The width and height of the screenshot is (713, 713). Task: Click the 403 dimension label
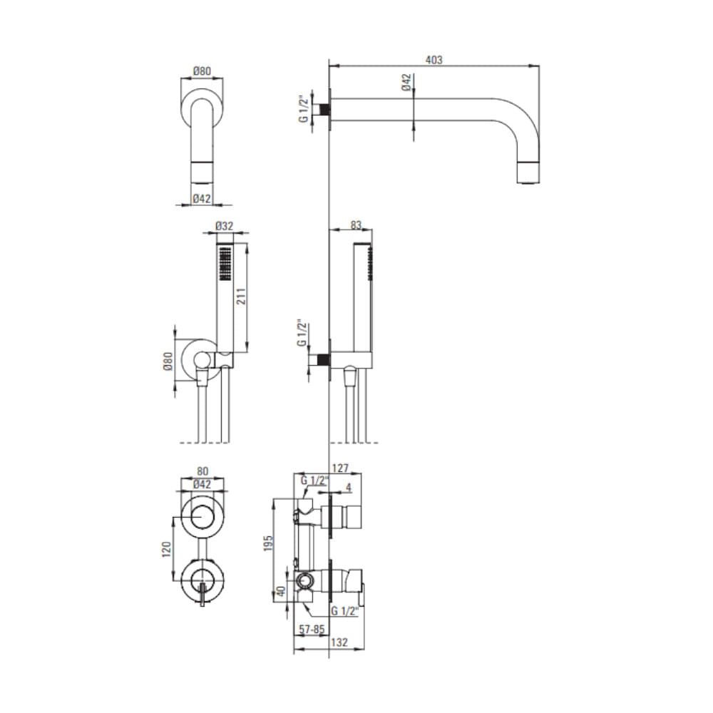click(434, 60)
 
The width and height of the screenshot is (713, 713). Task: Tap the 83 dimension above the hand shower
click(356, 225)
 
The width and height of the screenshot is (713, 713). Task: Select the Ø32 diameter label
click(224, 226)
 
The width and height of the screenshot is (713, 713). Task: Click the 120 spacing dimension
click(166, 549)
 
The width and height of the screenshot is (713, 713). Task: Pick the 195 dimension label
click(268, 543)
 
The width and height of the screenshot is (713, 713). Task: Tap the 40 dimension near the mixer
click(281, 591)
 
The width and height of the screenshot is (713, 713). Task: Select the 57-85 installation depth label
click(312, 630)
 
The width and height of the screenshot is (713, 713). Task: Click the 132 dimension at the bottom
click(339, 642)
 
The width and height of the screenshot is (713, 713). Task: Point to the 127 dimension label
click(340, 468)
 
